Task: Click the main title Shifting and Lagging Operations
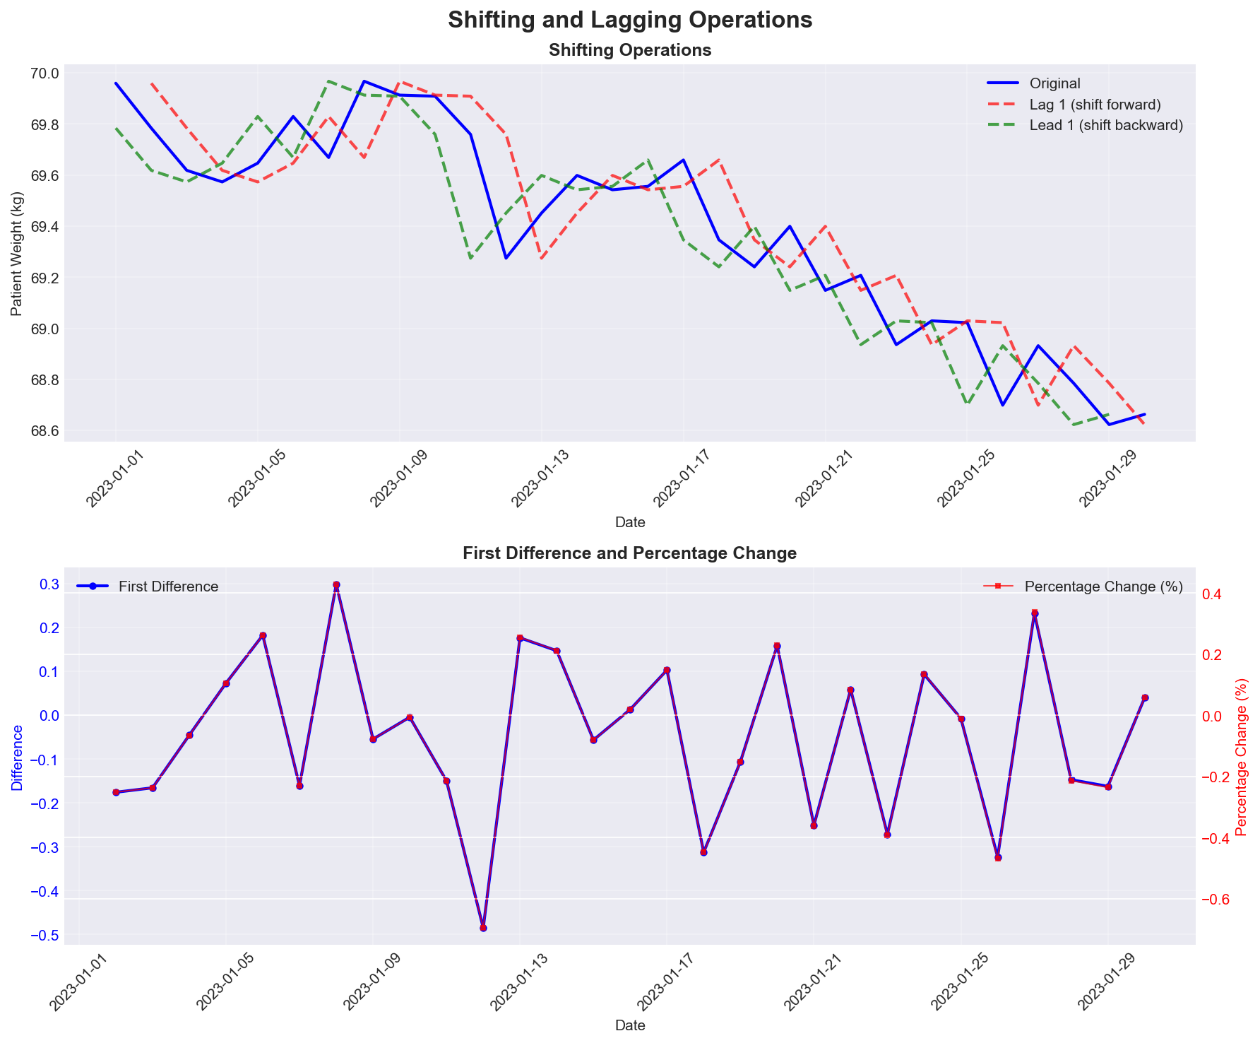coord(630,20)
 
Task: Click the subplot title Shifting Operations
coord(630,50)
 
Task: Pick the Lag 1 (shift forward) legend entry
coord(1095,105)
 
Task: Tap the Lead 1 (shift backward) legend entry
coord(1105,125)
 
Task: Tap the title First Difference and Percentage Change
coord(630,553)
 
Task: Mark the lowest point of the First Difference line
coord(483,928)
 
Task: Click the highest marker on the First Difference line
coord(336,585)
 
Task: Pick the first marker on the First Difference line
coord(116,792)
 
